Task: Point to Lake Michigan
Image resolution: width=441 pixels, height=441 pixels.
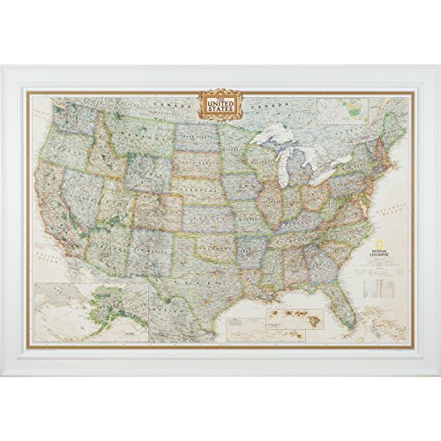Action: click(281, 168)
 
